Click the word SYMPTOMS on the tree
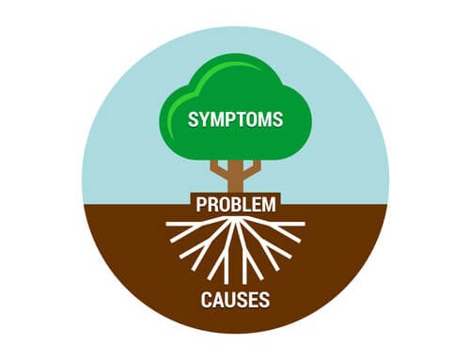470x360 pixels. coord(235,120)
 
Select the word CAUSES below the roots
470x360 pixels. coord(235,301)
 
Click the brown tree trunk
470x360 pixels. coord(235,179)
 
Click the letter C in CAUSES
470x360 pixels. coord(206,301)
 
